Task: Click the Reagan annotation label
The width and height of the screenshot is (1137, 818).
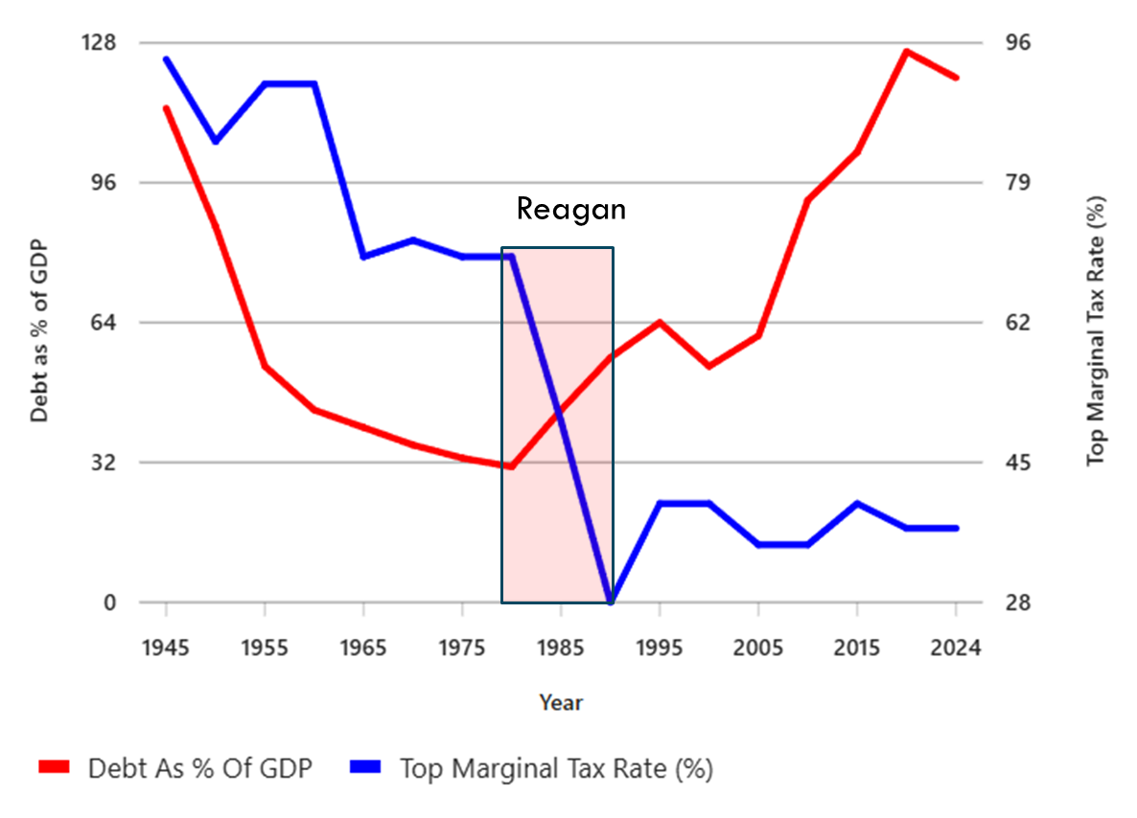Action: [x=570, y=209]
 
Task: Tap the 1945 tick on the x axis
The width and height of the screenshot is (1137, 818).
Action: [x=166, y=648]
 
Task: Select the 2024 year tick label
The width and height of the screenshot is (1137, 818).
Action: [x=956, y=648]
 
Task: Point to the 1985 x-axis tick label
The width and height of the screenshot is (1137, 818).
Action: [x=561, y=648]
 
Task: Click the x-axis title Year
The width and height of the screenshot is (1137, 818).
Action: [x=561, y=703]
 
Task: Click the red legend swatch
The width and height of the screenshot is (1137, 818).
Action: [x=56, y=768]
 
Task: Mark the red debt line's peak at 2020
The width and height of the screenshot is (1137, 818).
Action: [x=906, y=51]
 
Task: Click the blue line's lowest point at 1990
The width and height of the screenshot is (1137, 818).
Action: [x=611, y=602]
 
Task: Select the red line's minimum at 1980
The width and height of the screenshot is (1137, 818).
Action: [x=511, y=466]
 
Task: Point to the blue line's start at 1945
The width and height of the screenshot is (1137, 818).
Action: [x=166, y=59]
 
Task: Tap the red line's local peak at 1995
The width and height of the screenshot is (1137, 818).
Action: [x=660, y=322]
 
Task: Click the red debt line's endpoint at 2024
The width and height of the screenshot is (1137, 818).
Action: [x=956, y=78]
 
